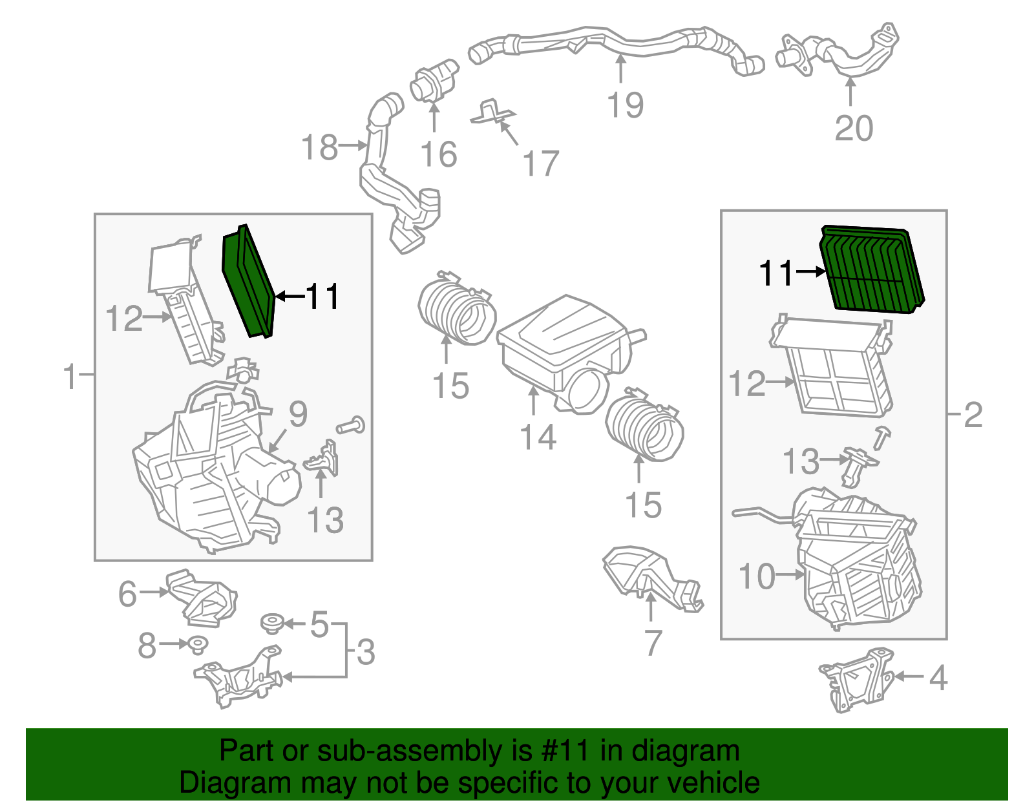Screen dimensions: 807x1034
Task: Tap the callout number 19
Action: (625, 105)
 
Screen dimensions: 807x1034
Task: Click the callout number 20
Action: (853, 129)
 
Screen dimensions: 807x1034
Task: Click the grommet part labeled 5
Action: (272, 624)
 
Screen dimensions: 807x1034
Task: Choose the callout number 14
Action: (538, 437)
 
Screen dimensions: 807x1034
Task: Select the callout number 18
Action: (320, 147)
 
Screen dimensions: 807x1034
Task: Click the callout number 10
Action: (756, 576)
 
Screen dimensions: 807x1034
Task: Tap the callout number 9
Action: (297, 414)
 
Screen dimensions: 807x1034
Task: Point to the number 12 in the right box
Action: (746, 383)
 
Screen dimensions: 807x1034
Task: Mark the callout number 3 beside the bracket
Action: (366, 652)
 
